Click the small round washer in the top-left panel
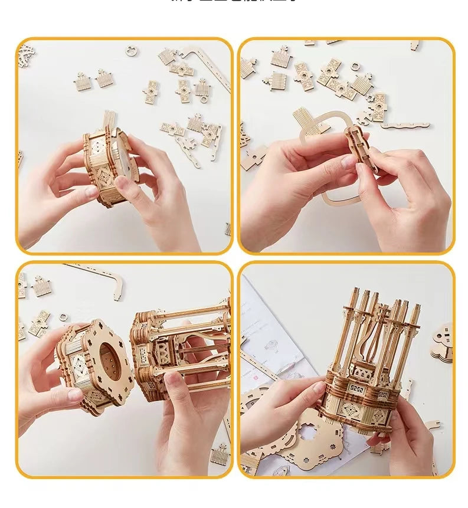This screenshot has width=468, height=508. click(131, 51)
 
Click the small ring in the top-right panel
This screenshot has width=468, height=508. click(356, 67)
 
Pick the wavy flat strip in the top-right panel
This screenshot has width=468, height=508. click(406, 125)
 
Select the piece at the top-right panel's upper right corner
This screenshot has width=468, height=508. click(415, 45)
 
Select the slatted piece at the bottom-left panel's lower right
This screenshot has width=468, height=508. click(220, 455)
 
